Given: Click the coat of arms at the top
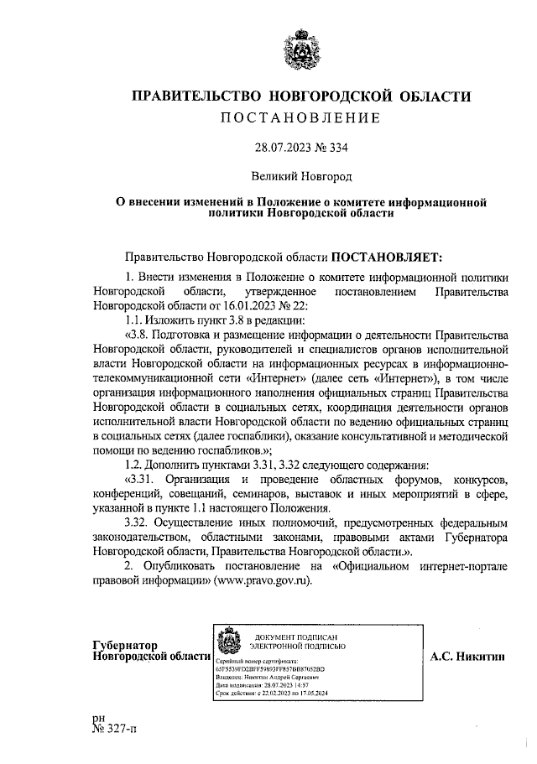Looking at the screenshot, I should [301, 48].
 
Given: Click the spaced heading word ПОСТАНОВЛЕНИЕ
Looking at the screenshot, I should [301, 117].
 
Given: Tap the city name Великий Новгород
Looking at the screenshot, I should [301, 177].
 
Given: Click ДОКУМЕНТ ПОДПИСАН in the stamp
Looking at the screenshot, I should [299, 635].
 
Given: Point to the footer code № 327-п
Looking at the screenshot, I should [115, 730].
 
